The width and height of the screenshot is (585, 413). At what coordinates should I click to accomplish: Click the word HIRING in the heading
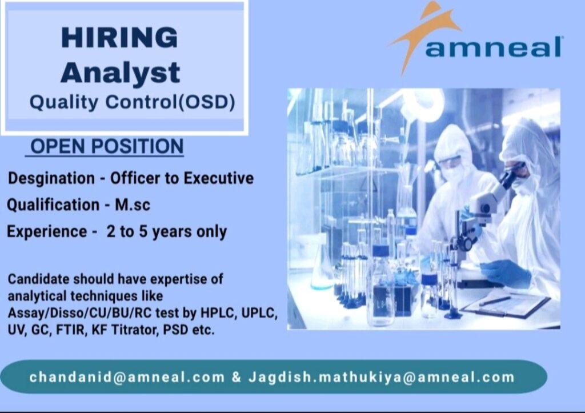tap(119, 37)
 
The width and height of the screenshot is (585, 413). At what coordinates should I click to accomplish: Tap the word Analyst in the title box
tap(120, 73)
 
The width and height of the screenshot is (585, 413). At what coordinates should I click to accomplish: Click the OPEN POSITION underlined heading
tap(107, 146)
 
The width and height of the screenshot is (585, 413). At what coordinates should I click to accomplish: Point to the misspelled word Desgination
tap(51, 178)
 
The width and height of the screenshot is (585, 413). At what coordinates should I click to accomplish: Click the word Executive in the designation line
tap(219, 178)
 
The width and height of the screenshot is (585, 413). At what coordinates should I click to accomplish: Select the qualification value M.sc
tap(133, 205)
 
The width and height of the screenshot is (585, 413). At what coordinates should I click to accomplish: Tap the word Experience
tap(47, 232)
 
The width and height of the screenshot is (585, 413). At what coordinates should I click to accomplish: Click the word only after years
tap(211, 232)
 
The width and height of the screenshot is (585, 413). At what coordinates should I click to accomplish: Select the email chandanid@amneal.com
tap(127, 377)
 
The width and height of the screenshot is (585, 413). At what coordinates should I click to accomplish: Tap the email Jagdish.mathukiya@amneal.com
tap(381, 377)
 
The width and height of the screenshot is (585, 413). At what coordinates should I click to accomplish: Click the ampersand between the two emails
tap(236, 377)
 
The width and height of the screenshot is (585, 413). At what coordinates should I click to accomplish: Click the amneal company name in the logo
tap(493, 47)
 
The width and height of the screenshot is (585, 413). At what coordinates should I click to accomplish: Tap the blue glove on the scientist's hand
tap(508, 273)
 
